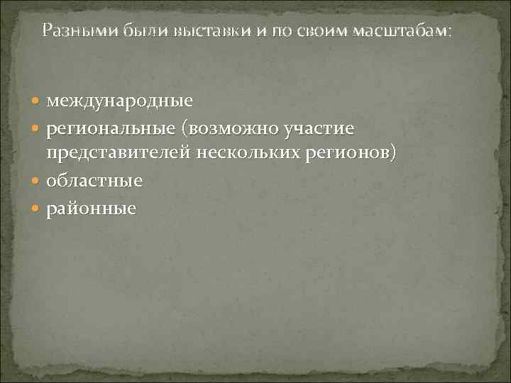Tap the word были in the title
pyautogui.click(x=127, y=31)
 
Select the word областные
pyautogui.click(x=94, y=181)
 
